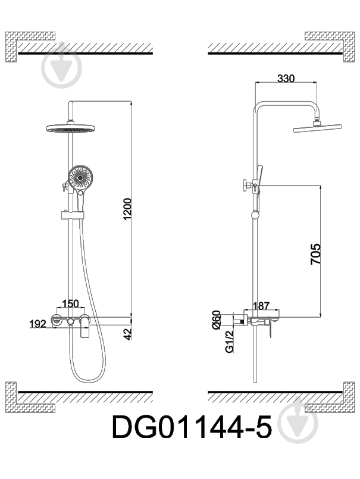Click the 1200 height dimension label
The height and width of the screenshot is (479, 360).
coord(128,209)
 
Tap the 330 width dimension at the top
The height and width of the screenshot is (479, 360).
coord(286,79)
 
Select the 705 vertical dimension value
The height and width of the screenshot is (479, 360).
coord(315,254)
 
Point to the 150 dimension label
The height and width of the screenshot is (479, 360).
coord(70,303)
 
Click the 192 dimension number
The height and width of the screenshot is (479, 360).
coord(37,324)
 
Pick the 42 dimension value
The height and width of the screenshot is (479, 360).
coord(129,334)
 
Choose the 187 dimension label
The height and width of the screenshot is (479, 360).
coord(261,306)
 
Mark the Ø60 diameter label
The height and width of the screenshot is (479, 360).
coord(216,320)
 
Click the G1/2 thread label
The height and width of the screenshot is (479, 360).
coord(229,341)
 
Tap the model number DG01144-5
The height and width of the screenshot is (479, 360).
coord(192,427)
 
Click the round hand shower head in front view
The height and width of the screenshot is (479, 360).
coord(80,178)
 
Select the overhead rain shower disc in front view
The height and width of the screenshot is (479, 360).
coord(70,129)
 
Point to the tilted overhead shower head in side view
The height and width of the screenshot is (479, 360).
coord(317,128)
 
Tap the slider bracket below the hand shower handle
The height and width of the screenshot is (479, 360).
coord(72,215)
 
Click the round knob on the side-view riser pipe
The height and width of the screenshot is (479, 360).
coord(254,215)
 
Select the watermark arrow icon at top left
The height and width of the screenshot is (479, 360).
coord(62,68)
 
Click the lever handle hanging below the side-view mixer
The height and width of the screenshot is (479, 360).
coord(269,330)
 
